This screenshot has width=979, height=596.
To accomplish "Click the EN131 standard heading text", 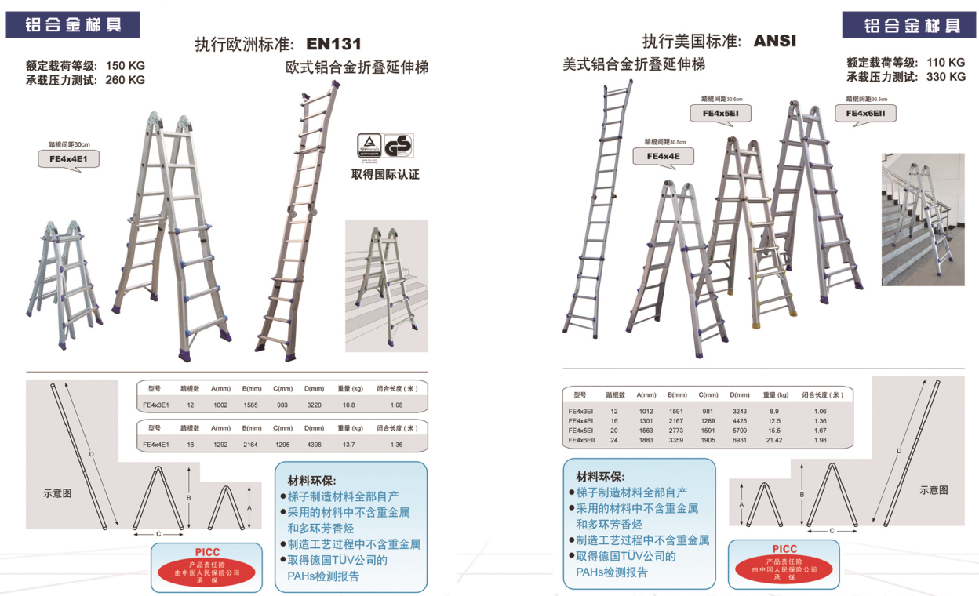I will pos(333,44).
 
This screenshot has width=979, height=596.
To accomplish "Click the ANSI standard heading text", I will pos(774,41).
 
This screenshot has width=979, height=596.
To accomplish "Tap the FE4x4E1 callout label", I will pos(69,160).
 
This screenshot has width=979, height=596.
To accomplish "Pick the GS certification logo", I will pos(399,145).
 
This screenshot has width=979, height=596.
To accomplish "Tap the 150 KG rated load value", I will pos(126,65).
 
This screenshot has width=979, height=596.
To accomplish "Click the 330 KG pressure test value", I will pos(946,77).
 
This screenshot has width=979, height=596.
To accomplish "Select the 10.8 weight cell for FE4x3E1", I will pos(348,405).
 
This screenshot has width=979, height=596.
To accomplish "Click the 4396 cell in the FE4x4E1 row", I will pos(314,445).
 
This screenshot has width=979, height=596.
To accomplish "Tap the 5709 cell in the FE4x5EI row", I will pos(739,431).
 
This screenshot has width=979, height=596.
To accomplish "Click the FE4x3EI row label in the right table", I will pos(581,411).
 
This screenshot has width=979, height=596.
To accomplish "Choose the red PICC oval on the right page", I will pos(784,569).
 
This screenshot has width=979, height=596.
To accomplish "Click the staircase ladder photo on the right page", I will pos(923,219).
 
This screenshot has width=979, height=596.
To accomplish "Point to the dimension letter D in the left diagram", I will pos(91,454).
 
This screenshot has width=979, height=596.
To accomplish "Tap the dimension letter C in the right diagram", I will pos(832,532).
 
